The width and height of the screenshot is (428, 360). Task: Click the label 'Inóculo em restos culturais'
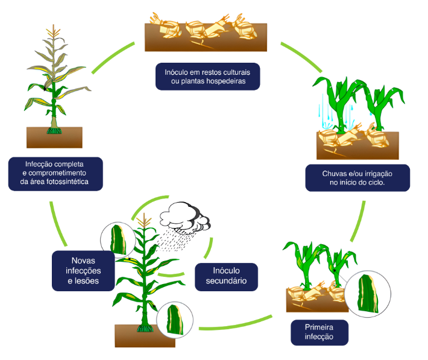[x=207, y=71]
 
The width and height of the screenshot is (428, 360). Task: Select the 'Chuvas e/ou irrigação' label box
[x=357, y=178]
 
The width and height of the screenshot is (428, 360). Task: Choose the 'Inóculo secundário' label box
[x=225, y=277]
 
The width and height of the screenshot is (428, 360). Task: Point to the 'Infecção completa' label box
[x=55, y=172]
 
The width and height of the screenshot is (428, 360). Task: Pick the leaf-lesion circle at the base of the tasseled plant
[x=174, y=318]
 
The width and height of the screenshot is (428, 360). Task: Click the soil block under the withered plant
[x=54, y=137]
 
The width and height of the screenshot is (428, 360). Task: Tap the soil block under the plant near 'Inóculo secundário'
[x=145, y=335]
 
